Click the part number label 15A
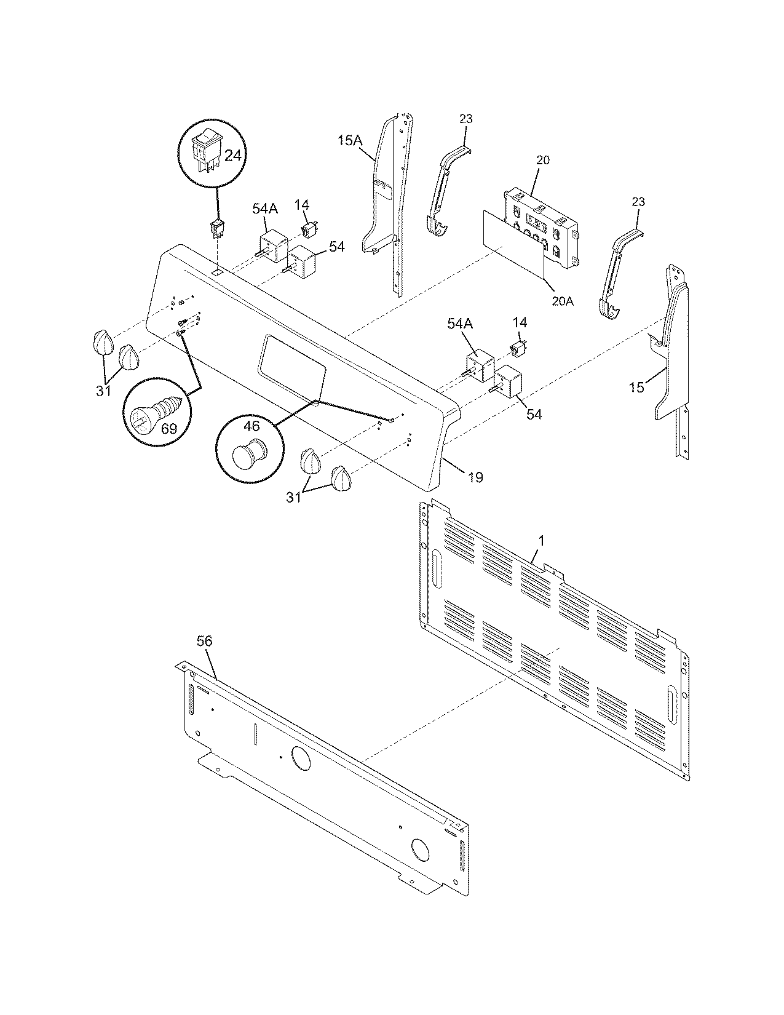(x=350, y=141)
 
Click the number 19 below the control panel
(x=475, y=477)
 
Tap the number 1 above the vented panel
(x=541, y=540)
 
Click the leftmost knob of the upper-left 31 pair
(x=103, y=342)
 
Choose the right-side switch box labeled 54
(x=507, y=382)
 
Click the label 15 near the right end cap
(x=636, y=387)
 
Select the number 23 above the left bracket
(x=465, y=118)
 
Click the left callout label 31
(x=103, y=391)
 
